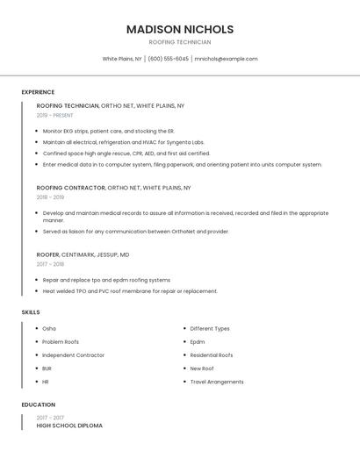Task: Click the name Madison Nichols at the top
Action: pyautogui.click(x=179, y=29)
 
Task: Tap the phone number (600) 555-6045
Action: pyautogui.click(x=168, y=59)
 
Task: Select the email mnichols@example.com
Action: pyautogui.click(x=226, y=59)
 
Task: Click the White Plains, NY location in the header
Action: pyautogui.click(x=121, y=59)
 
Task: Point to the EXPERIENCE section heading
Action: pyautogui.click(x=38, y=92)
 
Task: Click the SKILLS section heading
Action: pyautogui.click(x=31, y=312)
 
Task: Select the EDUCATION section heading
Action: pyautogui.click(x=38, y=404)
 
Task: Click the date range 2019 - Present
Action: pyautogui.click(x=55, y=115)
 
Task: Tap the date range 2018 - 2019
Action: pyautogui.click(x=50, y=197)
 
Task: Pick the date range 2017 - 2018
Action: pyautogui.click(x=50, y=264)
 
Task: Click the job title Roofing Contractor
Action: pyautogui.click(x=70, y=188)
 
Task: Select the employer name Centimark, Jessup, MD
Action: pyautogui.click(x=96, y=254)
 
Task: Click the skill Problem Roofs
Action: pyautogui.click(x=61, y=342)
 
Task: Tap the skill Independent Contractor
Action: pyautogui.click(x=73, y=355)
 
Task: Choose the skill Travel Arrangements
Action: pyautogui.click(x=217, y=382)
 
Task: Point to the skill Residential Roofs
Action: pyautogui.click(x=212, y=355)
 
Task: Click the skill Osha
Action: pyautogui.click(x=49, y=329)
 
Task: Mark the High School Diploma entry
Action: pyautogui.click(x=69, y=426)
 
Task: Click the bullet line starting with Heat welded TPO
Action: pyautogui.click(x=130, y=291)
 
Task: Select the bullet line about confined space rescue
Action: pyautogui.click(x=126, y=153)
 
